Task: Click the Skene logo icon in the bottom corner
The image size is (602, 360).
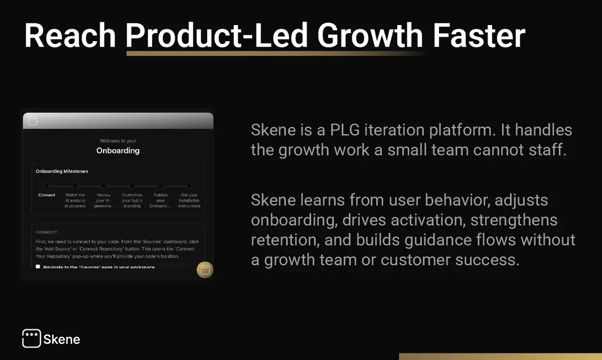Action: [x=31, y=338]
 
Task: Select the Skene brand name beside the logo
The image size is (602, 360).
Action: [x=62, y=339]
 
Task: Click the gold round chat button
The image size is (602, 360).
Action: [x=205, y=270]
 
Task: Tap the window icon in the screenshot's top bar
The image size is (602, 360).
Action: [x=33, y=121]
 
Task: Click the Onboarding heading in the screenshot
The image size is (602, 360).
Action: [x=118, y=150]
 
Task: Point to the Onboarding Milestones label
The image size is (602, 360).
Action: [x=62, y=171]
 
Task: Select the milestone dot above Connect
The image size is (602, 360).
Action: [x=47, y=186]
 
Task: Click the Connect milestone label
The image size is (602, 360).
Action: [x=47, y=195]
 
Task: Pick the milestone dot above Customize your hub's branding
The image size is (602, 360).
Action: [x=132, y=186]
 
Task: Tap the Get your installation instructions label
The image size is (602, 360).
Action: [x=189, y=200]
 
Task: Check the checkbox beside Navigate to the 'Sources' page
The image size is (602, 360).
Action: [x=38, y=267]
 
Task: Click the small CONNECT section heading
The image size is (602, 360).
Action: [x=46, y=232]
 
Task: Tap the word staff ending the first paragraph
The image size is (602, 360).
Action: [x=546, y=150]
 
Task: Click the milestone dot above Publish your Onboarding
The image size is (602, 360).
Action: [x=161, y=186]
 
